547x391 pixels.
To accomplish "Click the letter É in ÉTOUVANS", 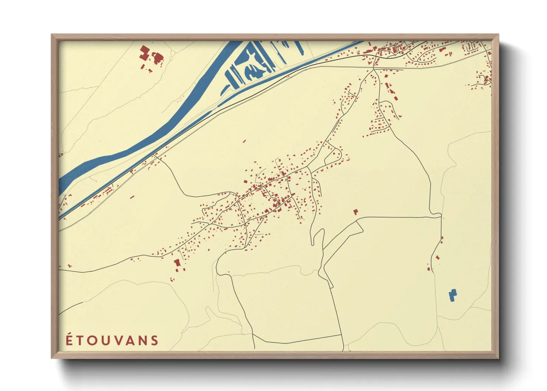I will click(x=69, y=340).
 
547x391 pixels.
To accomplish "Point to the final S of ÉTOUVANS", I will click(x=154, y=340).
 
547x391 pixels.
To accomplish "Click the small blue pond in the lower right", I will click(x=452, y=295).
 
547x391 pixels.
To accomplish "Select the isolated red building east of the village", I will click(x=356, y=212).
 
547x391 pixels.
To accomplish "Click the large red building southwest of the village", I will click(x=177, y=263).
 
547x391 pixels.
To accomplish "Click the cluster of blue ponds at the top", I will click(x=251, y=67).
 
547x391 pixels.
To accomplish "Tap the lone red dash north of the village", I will click(x=244, y=141).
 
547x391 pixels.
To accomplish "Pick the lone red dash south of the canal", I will click(x=132, y=197).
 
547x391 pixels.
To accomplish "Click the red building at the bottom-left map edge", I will click(x=69, y=266).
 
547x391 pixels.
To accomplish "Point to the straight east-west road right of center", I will click(x=395, y=217).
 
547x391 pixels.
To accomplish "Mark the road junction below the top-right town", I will click(x=374, y=69).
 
